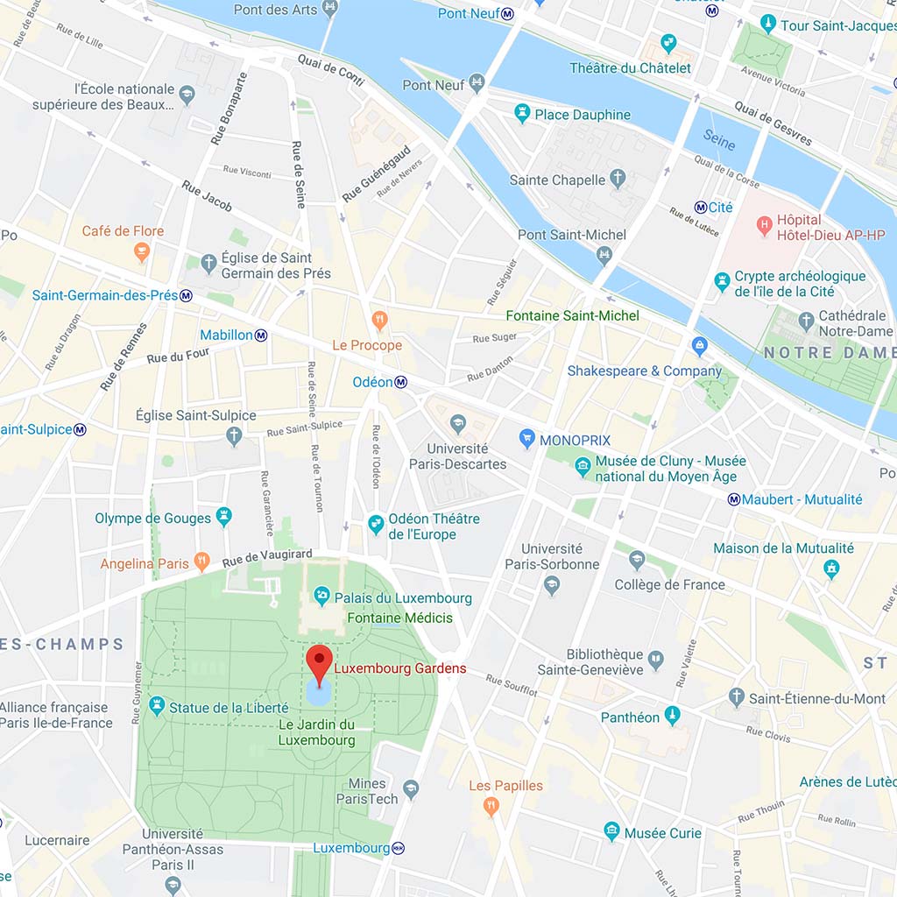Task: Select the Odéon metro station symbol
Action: click(x=401, y=382)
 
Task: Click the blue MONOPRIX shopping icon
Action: click(x=526, y=440)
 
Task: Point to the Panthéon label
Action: click(x=630, y=717)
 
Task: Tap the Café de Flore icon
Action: click(x=141, y=252)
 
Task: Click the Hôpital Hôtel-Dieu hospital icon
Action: click(x=764, y=227)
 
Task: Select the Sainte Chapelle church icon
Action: click(x=618, y=180)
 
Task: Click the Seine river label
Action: click(x=720, y=140)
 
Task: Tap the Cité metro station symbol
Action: click(x=701, y=208)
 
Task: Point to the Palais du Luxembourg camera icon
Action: click(x=321, y=597)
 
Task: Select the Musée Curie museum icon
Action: click(x=611, y=832)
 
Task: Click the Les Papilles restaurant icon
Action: click(x=491, y=806)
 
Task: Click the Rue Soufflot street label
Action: click(x=512, y=685)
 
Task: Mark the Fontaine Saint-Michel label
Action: click(x=573, y=315)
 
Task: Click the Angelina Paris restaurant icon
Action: click(x=202, y=561)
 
